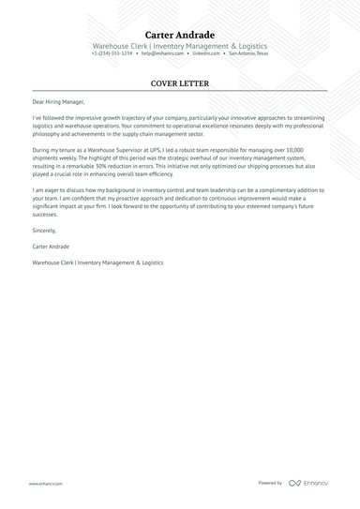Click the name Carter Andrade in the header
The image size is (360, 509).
click(179, 35)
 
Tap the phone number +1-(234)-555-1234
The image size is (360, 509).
click(112, 53)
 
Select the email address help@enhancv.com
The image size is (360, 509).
click(160, 53)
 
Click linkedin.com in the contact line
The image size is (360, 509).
click(206, 53)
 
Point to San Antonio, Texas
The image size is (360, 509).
click(247, 53)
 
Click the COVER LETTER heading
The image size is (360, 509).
click(179, 83)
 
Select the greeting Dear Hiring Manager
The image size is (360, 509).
click(57, 102)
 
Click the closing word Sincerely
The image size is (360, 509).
click(44, 230)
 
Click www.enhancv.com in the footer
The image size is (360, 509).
click(45, 484)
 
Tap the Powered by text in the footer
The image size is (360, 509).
click(270, 483)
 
